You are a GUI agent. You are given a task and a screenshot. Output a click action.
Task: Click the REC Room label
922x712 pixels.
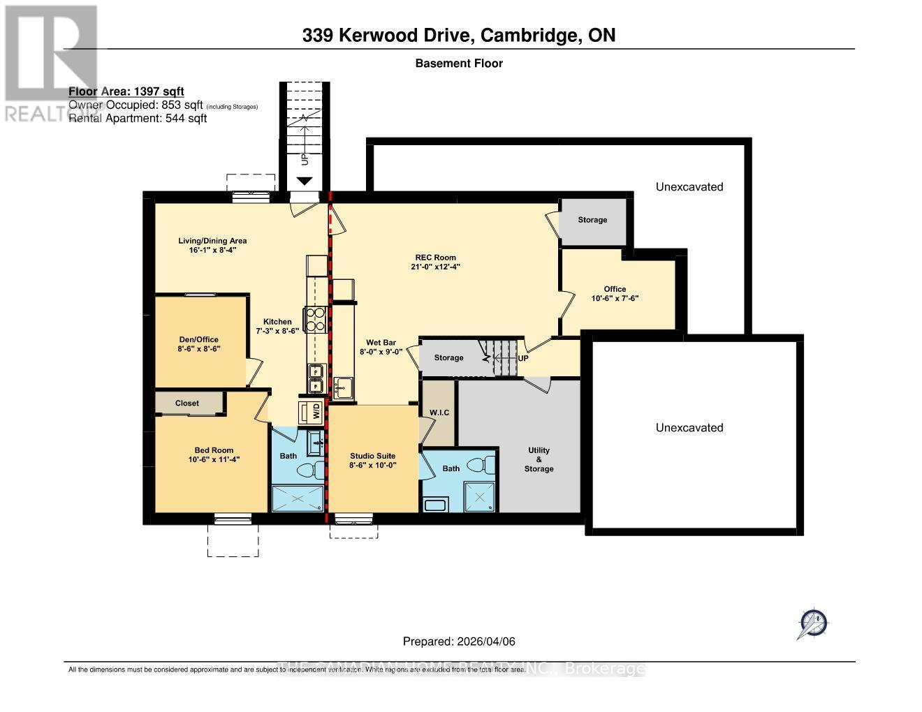tap(435, 257)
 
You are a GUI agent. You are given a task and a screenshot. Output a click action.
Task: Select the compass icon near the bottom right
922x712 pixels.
tap(812, 623)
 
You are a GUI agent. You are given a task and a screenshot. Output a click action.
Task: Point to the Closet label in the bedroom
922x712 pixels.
tap(187, 403)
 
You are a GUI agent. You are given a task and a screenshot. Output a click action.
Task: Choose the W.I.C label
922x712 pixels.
tap(439, 413)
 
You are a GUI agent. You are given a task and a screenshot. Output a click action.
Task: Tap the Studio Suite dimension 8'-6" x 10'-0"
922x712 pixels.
tap(373, 465)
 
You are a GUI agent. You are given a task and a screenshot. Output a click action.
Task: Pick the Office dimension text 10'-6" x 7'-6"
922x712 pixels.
tap(615, 298)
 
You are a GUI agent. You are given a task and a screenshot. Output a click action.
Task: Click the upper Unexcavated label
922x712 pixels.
tap(689, 186)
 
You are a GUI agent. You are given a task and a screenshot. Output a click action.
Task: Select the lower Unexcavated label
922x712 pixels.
tap(689, 427)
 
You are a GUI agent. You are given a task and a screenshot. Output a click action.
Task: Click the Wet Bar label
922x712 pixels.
tap(381, 342)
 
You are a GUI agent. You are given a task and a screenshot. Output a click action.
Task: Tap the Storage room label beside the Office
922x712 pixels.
tap(592, 220)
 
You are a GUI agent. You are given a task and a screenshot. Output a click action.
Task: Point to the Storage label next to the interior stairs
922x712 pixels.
tap(448, 357)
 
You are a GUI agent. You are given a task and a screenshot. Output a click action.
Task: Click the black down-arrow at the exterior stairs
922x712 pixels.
tap(305, 181)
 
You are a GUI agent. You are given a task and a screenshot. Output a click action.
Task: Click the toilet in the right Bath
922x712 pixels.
tap(478, 464)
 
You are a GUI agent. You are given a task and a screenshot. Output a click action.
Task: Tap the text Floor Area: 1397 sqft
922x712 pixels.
tap(126, 91)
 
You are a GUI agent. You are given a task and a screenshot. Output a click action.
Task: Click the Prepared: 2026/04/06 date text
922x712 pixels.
tap(459, 641)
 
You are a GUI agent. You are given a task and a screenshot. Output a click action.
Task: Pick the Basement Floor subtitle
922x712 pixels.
tap(459, 63)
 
